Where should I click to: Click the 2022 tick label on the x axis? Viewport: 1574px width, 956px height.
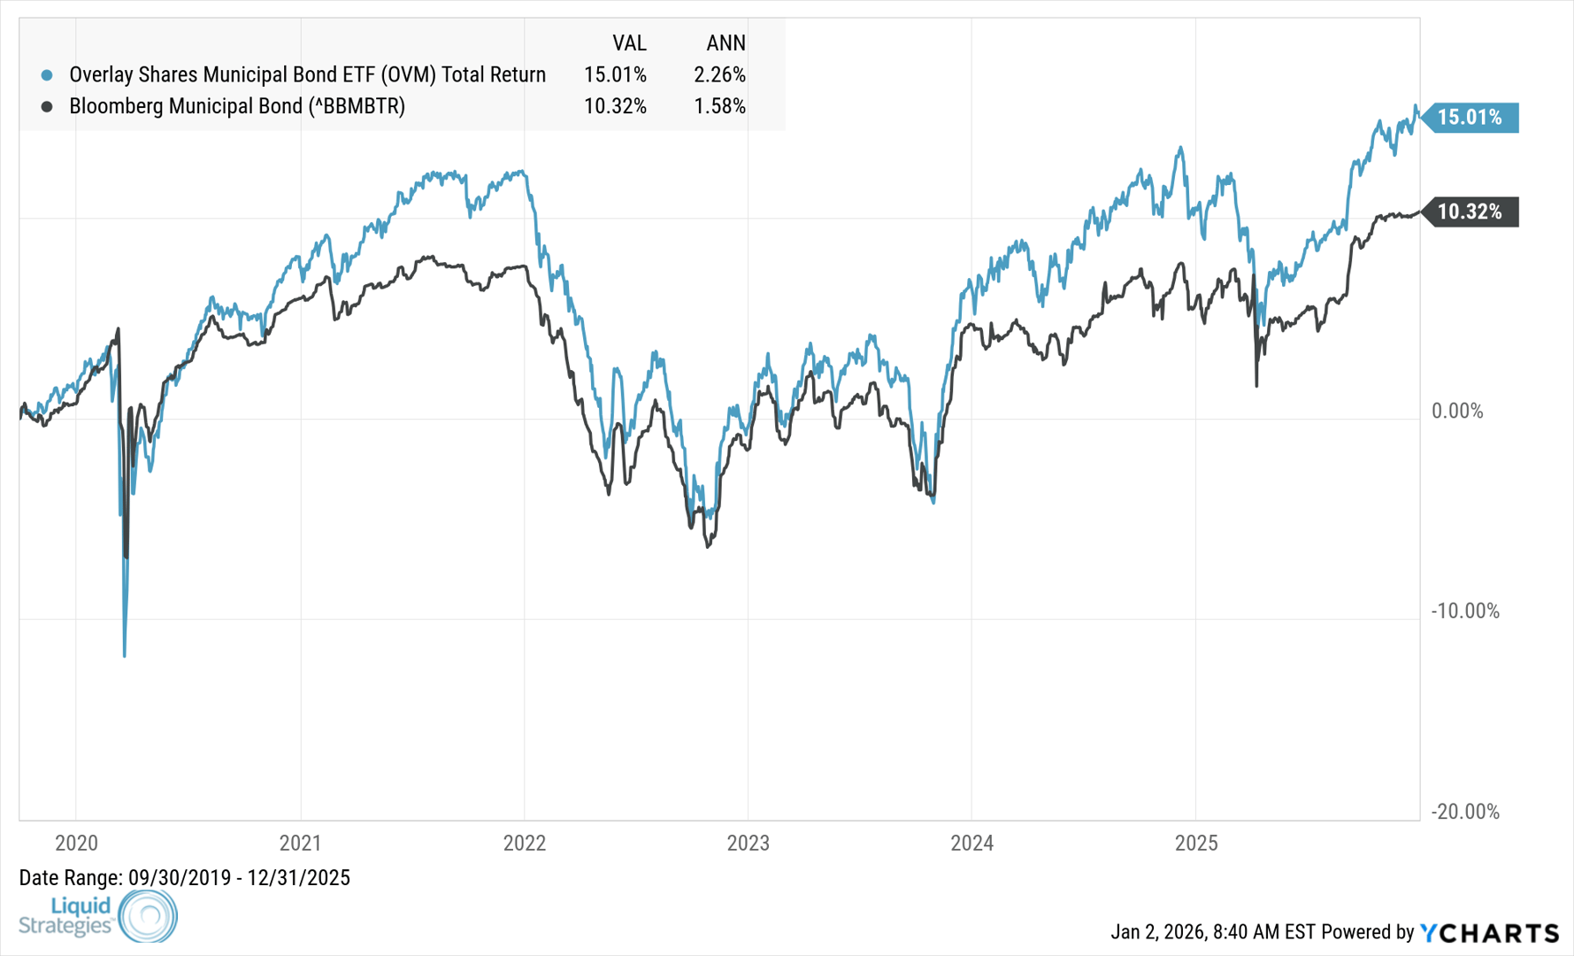pos(524,843)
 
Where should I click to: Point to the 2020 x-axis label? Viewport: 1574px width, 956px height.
pos(76,843)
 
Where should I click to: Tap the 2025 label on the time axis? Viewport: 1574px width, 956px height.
pos(1195,843)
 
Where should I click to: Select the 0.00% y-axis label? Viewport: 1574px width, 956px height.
pos(1457,411)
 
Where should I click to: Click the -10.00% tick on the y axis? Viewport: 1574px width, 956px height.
pos(1465,611)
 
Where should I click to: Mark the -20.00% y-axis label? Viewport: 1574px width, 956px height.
pos(1465,812)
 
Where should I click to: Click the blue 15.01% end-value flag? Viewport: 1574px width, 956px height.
pos(1470,118)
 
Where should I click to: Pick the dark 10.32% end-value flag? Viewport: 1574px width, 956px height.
pos(1470,212)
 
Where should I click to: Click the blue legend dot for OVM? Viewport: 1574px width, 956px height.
pos(47,75)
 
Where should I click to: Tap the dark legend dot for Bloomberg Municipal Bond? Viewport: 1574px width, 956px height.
pos(47,106)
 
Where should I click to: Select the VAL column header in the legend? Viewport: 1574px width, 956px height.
pos(629,43)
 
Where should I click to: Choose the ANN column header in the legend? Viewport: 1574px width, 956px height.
pos(726,43)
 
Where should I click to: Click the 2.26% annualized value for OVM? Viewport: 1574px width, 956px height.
pos(719,75)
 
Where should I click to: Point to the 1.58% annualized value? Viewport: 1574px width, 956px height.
pos(719,106)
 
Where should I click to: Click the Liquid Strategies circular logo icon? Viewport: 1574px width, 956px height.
pos(148,915)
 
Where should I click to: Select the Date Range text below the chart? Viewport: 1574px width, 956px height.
pos(184,878)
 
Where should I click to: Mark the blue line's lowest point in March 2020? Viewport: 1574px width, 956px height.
pos(125,656)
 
